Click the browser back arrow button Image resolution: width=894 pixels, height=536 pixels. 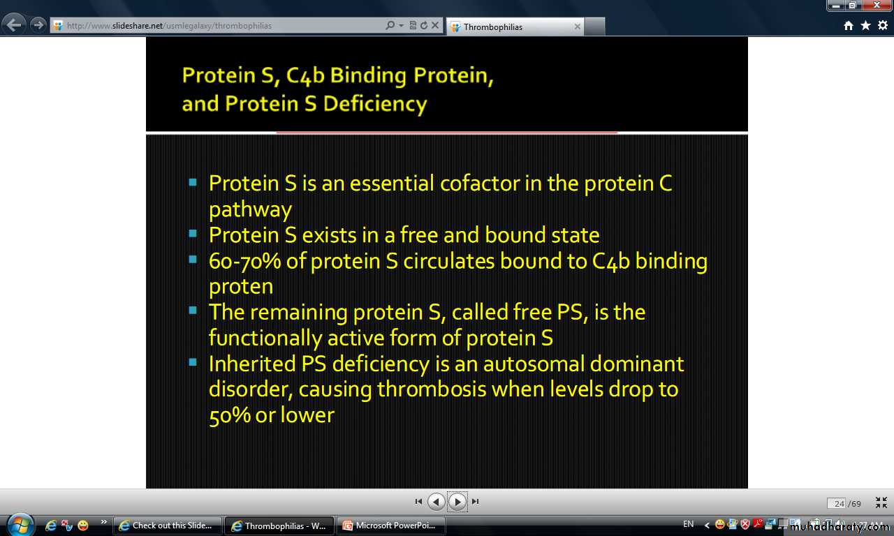(x=15, y=25)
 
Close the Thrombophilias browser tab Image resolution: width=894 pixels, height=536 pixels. (x=577, y=27)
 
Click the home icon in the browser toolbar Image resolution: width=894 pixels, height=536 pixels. (x=849, y=26)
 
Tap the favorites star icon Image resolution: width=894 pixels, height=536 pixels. (x=865, y=26)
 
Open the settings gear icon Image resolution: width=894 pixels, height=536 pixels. (x=882, y=26)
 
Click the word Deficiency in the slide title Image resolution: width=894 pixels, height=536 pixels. (x=375, y=104)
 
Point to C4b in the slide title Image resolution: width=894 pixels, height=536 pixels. (x=305, y=75)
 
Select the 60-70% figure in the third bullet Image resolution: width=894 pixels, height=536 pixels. (x=244, y=262)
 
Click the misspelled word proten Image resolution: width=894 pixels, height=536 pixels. (x=241, y=287)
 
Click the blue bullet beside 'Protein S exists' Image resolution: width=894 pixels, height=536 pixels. (x=193, y=233)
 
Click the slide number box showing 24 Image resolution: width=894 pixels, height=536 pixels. (x=836, y=503)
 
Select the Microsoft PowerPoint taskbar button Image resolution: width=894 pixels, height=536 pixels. (x=391, y=526)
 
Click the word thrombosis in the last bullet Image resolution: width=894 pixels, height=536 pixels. (x=432, y=389)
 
